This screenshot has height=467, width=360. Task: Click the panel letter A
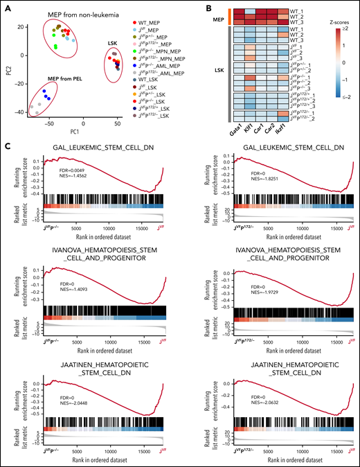(6, 6)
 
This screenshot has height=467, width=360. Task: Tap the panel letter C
(6, 146)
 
